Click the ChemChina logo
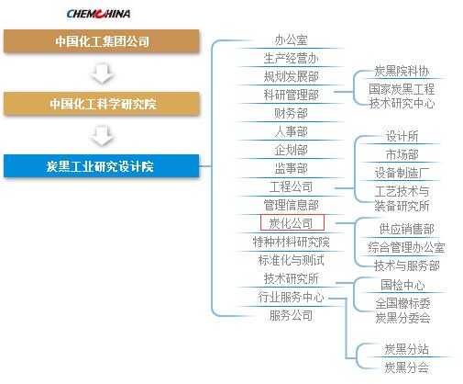click(98, 14)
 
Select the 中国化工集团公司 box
click(102, 40)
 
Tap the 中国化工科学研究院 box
click(102, 104)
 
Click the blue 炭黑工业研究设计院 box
click(102, 166)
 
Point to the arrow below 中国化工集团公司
click(102, 73)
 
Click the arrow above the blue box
click(102, 135)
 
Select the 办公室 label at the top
click(291, 40)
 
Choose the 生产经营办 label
click(291, 58)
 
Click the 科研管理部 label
click(291, 95)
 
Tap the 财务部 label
click(291, 113)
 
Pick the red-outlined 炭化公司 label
click(292, 222)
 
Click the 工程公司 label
click(291, 186)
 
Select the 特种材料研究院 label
click(291, 242)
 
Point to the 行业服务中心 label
click(291, 297)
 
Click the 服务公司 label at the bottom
click(291, 315)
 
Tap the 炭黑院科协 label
click(402, 71)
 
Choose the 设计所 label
click(402, 136)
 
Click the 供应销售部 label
click(406, 229)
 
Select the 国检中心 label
click(402, 285)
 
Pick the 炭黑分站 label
click(406, 349)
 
